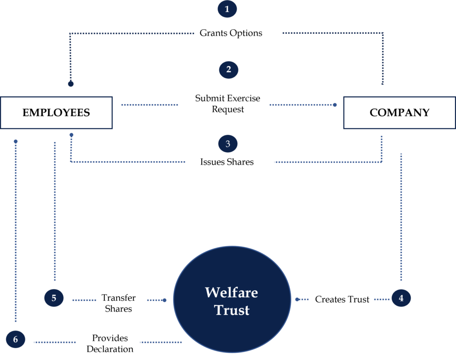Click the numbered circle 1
click(x=227, y=9)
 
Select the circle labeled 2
click(x=228, y=70)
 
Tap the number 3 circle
click(x=228, y=144)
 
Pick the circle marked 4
click(x=401, y=298)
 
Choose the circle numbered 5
click(x=54, y=298)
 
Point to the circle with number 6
click(x=16, y=340)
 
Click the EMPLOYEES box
click(x=56, y=113)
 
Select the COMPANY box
click(x=399, y=113)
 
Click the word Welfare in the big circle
click(x=231, y=292)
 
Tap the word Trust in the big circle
click(x=232, y=310)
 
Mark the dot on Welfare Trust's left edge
click(x=164, y=300)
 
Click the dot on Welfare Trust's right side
click(x=297, y=299)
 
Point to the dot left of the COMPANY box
click(x=335, y=105)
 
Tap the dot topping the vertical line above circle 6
click(x=16, y=142)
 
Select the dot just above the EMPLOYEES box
click(x=70, y=84)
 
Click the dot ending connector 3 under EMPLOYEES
click(x=71, y=135)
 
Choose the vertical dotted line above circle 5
click(x=55, y=211)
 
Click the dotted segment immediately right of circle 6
click(x=55, y=342)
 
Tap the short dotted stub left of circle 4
click(x=382, y=299)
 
